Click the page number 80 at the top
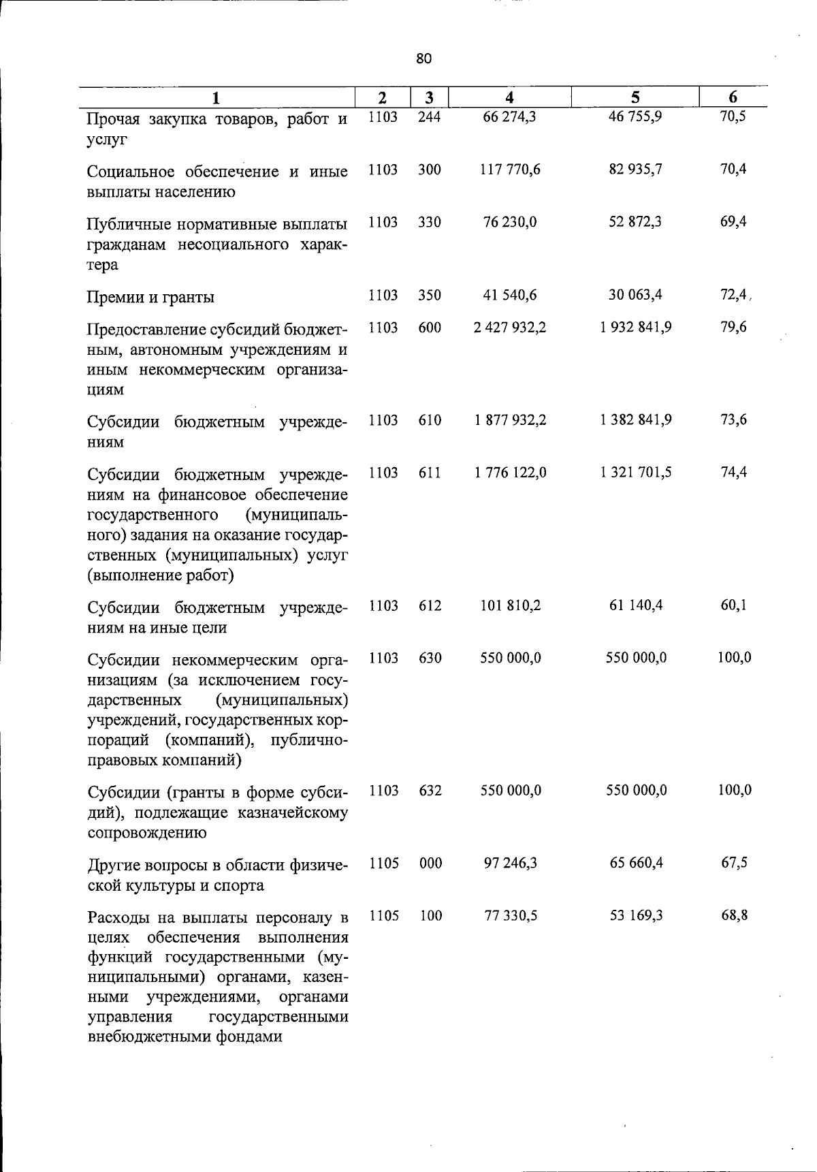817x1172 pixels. [x=423, y=59]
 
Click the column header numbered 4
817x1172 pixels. [x=509, y=97]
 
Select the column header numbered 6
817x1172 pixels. [x=733, y=97]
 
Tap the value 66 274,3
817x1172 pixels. [x=509, y=116]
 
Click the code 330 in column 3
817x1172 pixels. [x=430, y=222]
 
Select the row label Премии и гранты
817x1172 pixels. [x=150, y=297]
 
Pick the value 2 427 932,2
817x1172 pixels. [x=510, y=328]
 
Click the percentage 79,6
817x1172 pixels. [x=733, y=328]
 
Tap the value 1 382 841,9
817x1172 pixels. [x=636, y=420]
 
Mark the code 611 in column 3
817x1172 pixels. [x=430, y=473]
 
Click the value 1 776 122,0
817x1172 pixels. [x=510, y=473]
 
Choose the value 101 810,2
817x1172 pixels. [x=510, y=605]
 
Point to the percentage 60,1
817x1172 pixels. [x=733, y=605]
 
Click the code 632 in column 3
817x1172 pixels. [x=430, y=791]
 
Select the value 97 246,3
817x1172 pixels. [x=510, y=864]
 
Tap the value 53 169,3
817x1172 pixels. [x=636, y=916]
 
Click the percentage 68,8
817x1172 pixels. [x=734, y=916]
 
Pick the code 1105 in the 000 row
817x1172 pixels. [x=384, y=864]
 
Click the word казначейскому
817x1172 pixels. [x=293, y=813]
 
